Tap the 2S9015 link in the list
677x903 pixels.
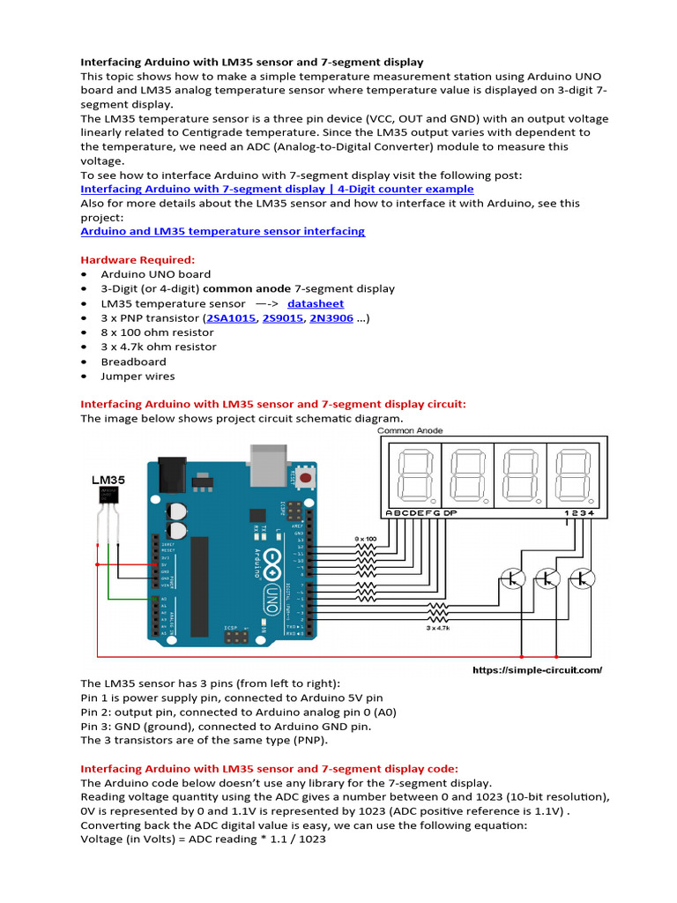click(x=282, y=318)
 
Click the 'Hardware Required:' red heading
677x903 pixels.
click(x=138, y=259)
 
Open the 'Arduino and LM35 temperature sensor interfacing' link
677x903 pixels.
click(x=222, y=231)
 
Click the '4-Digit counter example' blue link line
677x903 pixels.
click(x=277, y=189)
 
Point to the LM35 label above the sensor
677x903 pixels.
click(x=108, y=481)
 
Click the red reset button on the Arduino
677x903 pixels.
click(x=306, y=477)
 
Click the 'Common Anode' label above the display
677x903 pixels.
click(x=410, y=430)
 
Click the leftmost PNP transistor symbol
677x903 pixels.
click(x=512, y=578)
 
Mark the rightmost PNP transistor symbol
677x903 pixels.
click(x=582, y=578)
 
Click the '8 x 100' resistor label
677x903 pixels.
click(x=365, y=537)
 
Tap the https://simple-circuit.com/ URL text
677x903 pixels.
click(x=537, y=670)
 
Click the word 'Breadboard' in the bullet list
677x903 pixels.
click(x=133, y=362)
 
